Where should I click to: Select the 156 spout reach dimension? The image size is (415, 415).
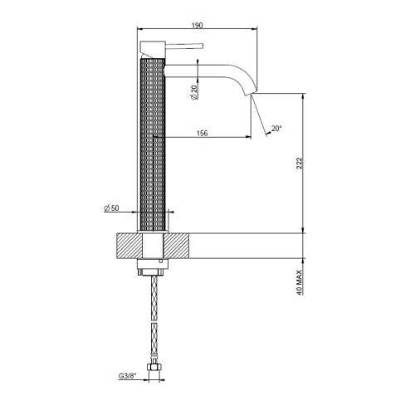pyautogui.click(x=203, y=129)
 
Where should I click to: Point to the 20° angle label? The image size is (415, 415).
pyautogui.click(x=276, y=129)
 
